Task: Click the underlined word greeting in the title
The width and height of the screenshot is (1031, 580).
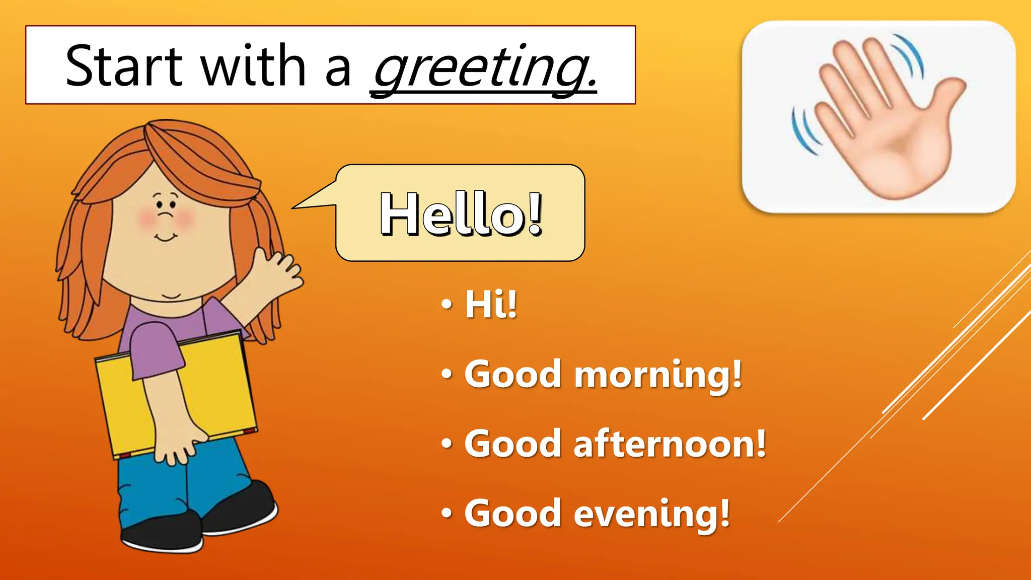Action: (x=483, y=68)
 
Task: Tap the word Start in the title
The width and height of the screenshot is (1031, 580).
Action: (x=124, y=66)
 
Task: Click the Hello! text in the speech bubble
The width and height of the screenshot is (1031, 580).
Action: (x=461, y=214)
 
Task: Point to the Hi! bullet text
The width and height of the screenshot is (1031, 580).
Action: (x=491, y=304)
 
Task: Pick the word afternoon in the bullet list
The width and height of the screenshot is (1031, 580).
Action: (x=670, y=444)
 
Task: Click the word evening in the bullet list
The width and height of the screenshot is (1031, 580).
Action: (x=652, y=514)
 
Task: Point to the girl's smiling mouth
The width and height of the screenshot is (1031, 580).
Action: (x=165, y=237)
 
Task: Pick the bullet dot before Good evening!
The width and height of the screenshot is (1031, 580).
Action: (x=446, y=514)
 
